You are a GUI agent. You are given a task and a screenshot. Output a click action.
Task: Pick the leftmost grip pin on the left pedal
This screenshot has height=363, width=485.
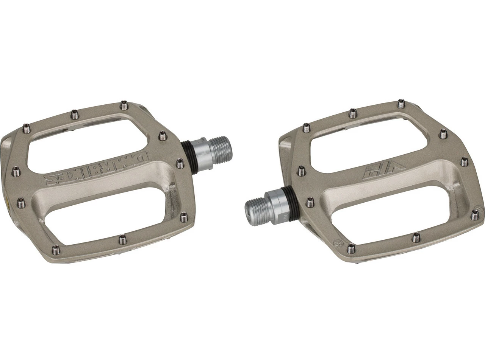15,169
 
